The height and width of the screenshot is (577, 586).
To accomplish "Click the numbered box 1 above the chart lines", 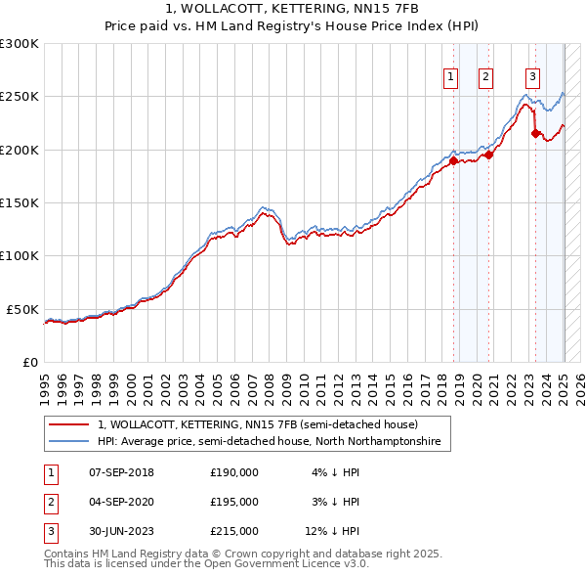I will click(x=451, y=78).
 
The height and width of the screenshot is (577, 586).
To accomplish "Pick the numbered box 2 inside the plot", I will click(x=485, y=78).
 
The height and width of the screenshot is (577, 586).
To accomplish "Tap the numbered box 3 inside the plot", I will click(x=532, y=78).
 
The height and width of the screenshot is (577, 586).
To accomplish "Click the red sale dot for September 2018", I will click(x=453, y=160).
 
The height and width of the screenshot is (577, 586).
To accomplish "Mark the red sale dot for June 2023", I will click(x=535, y=134).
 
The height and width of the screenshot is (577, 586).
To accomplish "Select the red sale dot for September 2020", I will click(x=488, y=155).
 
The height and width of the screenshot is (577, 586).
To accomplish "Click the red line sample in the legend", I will click(x=68, y=424).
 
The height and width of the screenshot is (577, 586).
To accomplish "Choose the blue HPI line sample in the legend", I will click(x=68, y=442).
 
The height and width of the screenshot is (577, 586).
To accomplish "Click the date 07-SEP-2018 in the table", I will click(x=121, y=471).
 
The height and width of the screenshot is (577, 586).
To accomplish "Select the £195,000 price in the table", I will click(x=234, y=502).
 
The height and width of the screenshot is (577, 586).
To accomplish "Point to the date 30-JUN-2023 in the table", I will click(x=121, y=532).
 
